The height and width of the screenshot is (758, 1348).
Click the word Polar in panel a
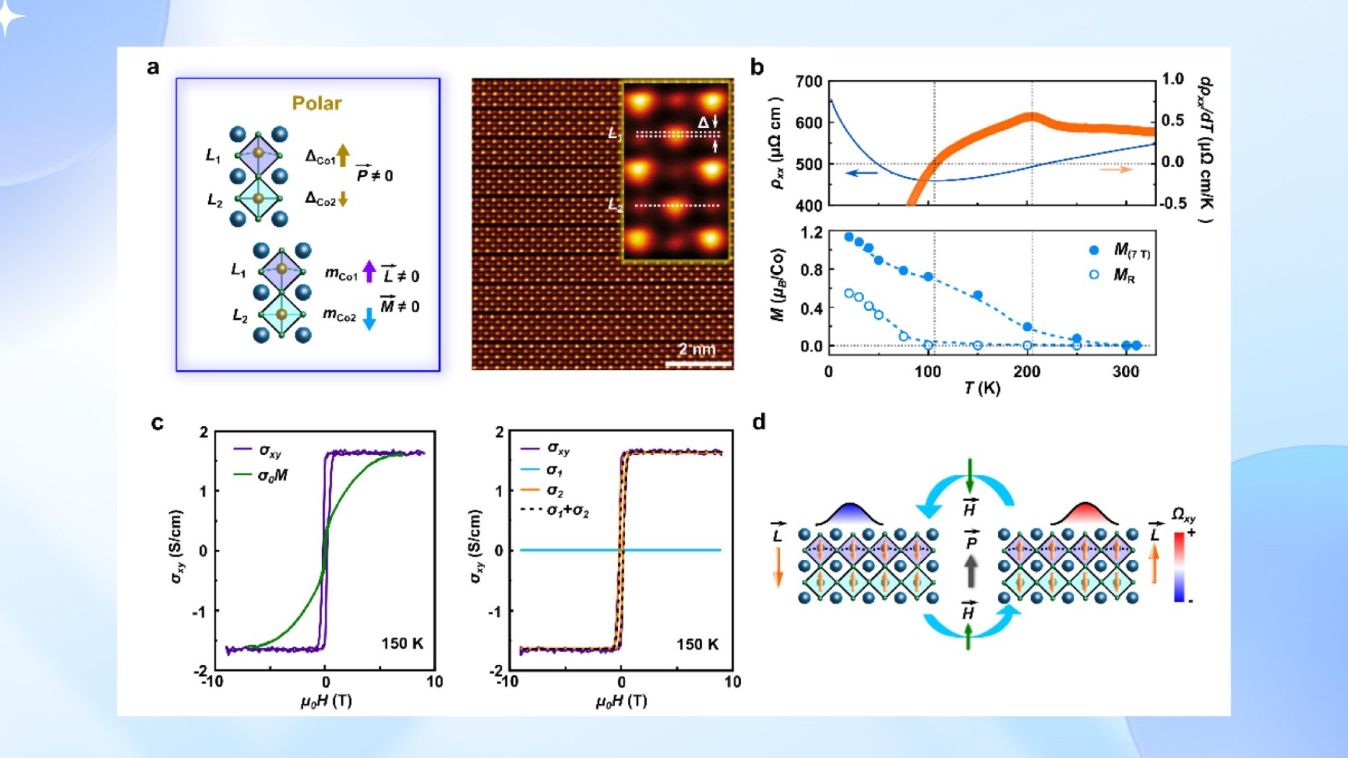[x=317, y=103]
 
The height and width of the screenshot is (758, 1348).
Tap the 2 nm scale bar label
[x=696, y=350]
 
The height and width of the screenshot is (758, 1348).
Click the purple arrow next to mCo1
[x=369, y=271]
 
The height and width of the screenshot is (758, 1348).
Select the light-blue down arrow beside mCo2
[x=369, y=318]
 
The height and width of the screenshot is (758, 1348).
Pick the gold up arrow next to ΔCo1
[x=343, y=155]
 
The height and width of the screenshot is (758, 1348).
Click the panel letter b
[x=757, y=68]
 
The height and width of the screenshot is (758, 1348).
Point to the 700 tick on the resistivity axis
[x=809, y=81]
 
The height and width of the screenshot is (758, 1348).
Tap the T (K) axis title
[x=982, y=389]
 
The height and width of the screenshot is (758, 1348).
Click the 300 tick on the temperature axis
[x=1125, y=371]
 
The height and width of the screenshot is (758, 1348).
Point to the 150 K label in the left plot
[x=402, y=644]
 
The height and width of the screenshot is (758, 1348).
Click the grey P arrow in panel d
[x=971, y=571]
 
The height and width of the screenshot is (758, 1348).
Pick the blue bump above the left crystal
[x=850, y=514]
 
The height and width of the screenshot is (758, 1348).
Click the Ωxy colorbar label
[x=1183, y=515]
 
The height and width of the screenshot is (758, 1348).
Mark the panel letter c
[x=157, y=423]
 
